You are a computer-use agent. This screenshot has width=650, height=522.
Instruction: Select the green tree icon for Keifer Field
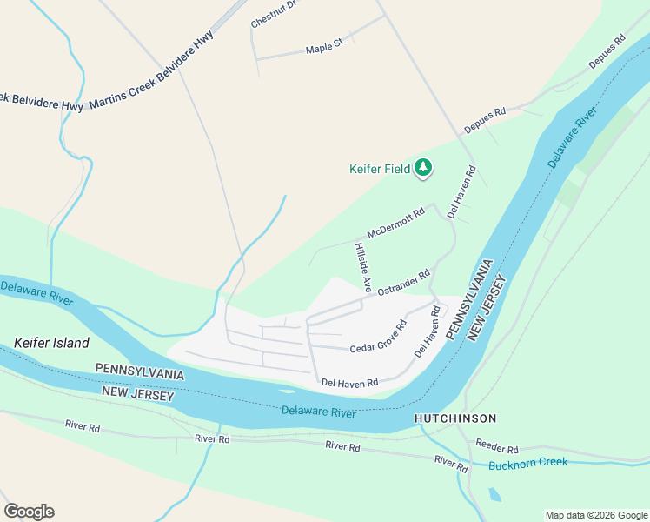[x=423, y=167]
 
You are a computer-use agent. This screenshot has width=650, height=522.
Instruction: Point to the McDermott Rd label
[x=395, y=223]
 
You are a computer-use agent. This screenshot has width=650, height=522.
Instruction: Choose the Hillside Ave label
[x=362, y=267]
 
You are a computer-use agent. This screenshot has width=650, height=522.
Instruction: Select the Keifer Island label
[x=51, y=343]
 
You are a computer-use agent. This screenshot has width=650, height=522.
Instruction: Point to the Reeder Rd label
[x=496, y=445]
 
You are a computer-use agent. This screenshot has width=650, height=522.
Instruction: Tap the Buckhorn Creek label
[x=527, y=463]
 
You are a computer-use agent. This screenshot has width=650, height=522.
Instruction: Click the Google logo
[x=29, y=512]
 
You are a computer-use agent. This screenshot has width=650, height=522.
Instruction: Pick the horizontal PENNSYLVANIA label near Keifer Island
[x=140, y=372]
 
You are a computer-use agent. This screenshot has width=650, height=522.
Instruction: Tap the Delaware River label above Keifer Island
[x=36, y=290]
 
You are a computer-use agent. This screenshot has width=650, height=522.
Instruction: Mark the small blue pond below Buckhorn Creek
[x=494, y=495]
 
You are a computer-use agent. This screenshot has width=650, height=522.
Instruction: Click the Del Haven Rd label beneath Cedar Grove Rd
[x=349, y=382]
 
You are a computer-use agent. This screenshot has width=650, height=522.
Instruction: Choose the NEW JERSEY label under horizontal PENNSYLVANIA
[x=138, y=394]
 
